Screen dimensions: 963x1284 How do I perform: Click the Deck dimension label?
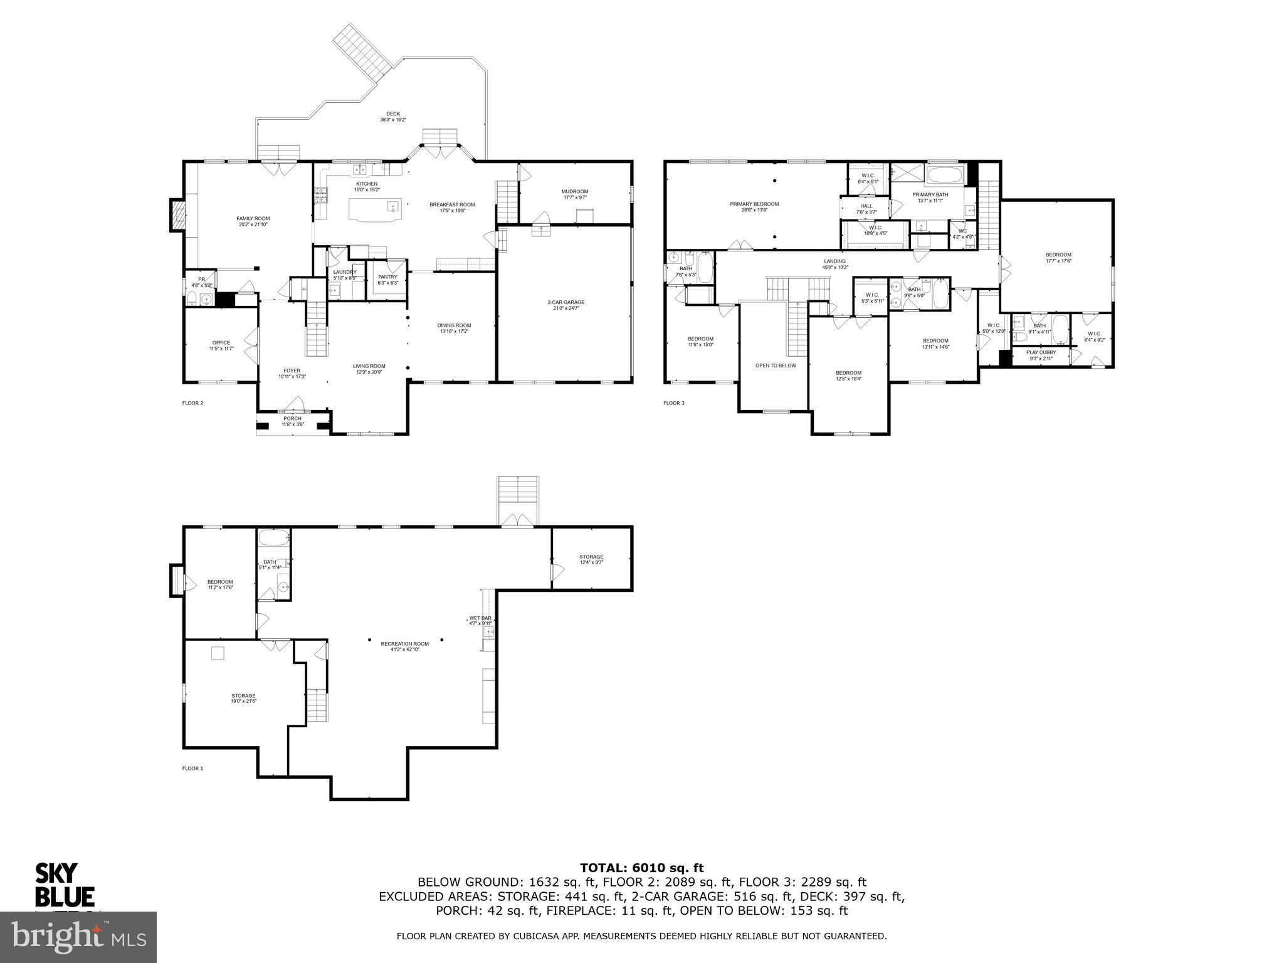click(393, 120)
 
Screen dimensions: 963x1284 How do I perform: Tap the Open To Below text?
click(776, 366)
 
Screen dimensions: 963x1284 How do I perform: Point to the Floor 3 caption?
click(674, 403)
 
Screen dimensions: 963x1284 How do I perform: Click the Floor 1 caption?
click(192, 768)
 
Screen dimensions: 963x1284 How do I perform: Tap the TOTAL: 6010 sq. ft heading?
click(641, 868)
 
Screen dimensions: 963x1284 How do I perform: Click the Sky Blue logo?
click(64, 885)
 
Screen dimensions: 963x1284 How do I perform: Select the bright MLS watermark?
click(78, 937)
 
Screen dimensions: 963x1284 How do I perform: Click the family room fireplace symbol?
click(178, 216)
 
